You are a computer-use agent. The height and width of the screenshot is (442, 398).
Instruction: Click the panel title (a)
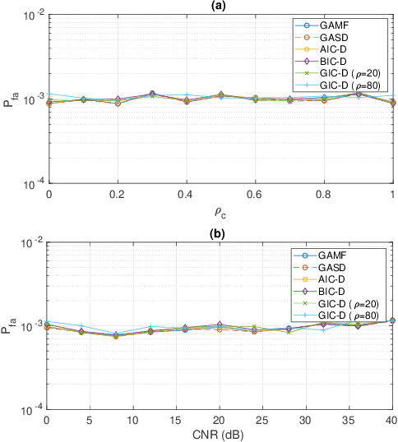click(220, 6)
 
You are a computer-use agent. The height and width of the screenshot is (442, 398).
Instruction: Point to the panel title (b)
click(220, 233)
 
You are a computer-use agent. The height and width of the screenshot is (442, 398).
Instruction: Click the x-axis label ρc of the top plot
click(220, 211)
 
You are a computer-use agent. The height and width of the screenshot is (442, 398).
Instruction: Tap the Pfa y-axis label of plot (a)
click(11, 99)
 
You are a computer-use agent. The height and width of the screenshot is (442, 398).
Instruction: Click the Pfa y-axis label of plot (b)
click(11, 326)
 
